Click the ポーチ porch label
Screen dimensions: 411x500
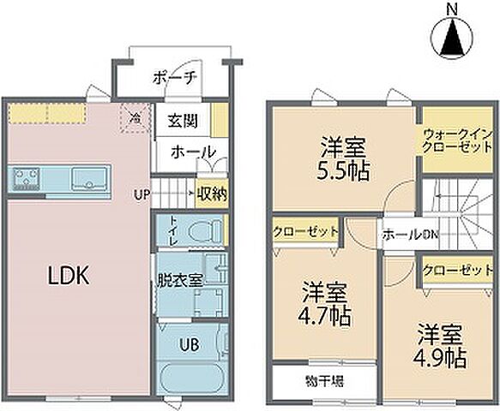[176, 77]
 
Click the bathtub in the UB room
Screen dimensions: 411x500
[190, 378]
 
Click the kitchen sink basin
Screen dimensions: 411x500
[88, 180]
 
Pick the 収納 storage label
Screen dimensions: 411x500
[211, 194]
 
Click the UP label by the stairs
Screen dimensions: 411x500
[142, 194]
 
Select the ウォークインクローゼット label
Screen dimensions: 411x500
[457, 140]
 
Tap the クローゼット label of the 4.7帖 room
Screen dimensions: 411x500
[305, 231]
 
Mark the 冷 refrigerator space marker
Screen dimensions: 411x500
[134, 120]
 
